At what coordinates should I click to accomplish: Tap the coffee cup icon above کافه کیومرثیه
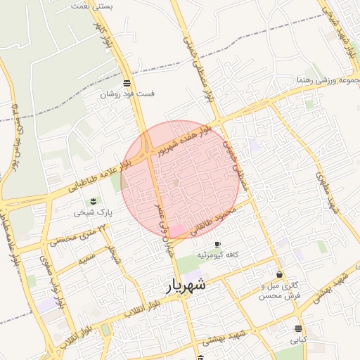[x=217, y=244]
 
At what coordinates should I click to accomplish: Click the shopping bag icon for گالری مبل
[x=280, y=275]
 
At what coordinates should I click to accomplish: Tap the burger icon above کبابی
[x=299, y=328]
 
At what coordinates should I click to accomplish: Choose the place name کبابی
[x=299, y=339]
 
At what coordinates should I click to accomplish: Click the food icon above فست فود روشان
[x=126, y=82]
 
